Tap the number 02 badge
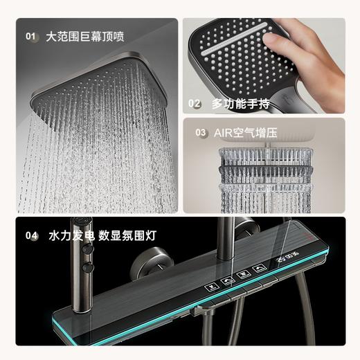coord(195,104)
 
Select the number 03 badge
coord(201,132)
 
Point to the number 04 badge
coord(31,235)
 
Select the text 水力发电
coord(69,235)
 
